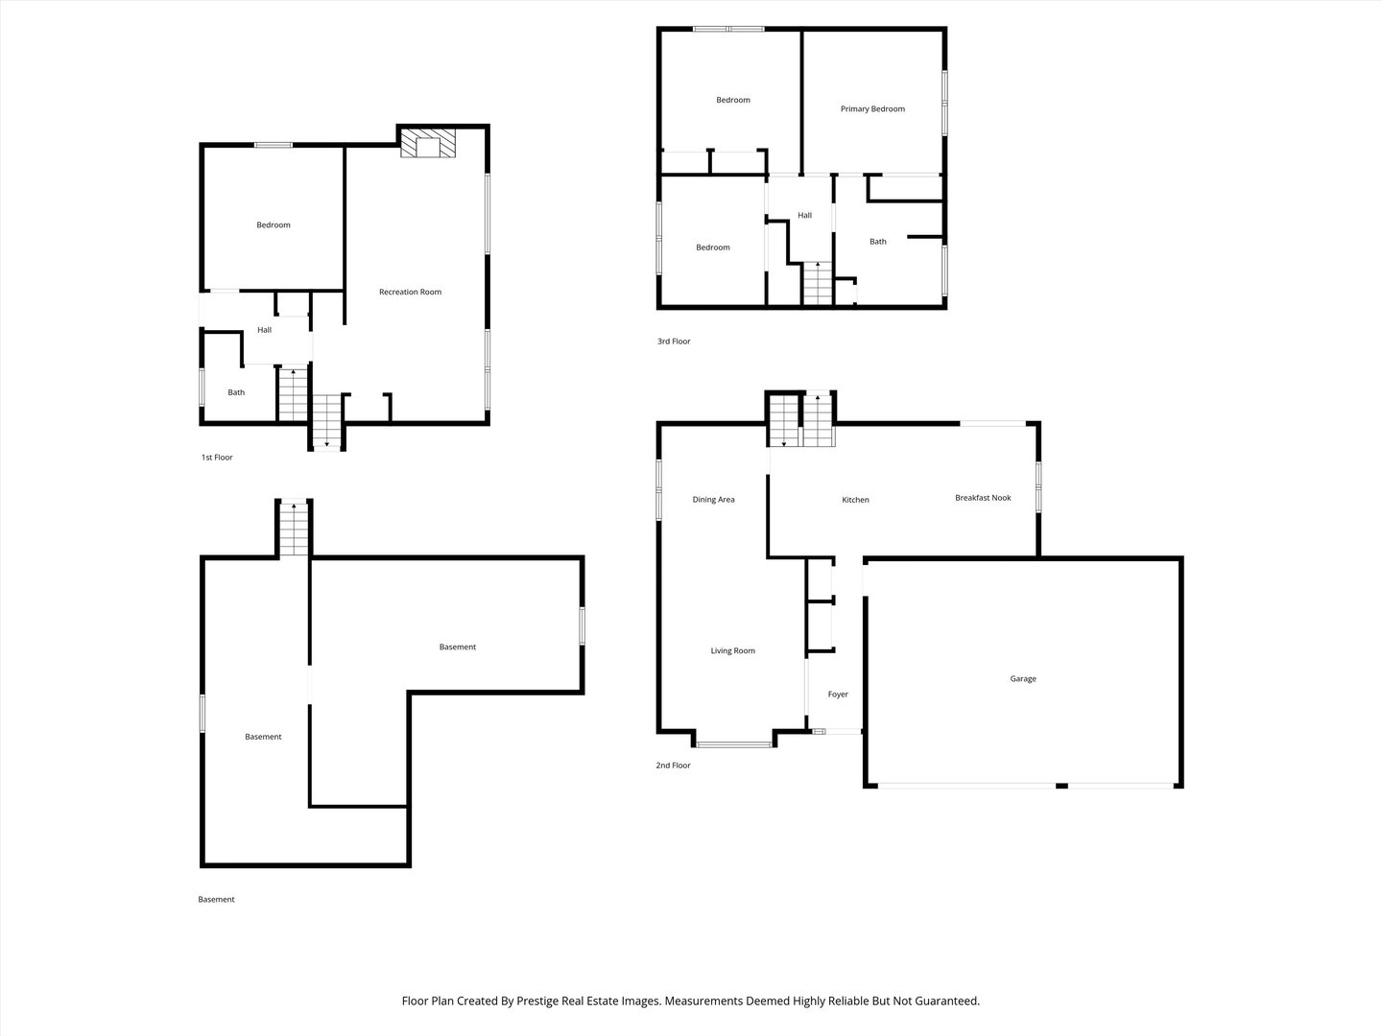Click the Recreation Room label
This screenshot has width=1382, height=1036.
point(410,292)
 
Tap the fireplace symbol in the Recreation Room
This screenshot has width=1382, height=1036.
point(428,144)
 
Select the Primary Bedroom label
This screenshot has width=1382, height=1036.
point(872,108)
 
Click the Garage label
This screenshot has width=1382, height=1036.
point(1023,679)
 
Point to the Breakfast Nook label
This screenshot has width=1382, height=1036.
point(983,498)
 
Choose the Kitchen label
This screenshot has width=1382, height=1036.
point(856,500)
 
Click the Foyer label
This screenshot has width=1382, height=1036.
point(838,695)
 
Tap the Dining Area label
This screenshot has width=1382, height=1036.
point(713,500)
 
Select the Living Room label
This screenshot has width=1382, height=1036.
point(733,650)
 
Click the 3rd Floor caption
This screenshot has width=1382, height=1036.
point(674,341)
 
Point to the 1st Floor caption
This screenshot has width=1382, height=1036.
point(217,458)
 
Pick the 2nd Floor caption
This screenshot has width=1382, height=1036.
point(673,765)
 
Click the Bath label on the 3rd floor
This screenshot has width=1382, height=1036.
point(878,242)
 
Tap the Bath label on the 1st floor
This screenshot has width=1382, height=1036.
point(236,392)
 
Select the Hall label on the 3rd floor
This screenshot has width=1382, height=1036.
point(804,215)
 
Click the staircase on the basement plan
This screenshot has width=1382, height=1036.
point(294,529)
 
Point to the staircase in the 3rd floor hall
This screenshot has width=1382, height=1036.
point(818,284)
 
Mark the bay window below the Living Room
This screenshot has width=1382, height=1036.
point(734,744)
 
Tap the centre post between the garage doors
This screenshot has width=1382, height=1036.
point(1061,786)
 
